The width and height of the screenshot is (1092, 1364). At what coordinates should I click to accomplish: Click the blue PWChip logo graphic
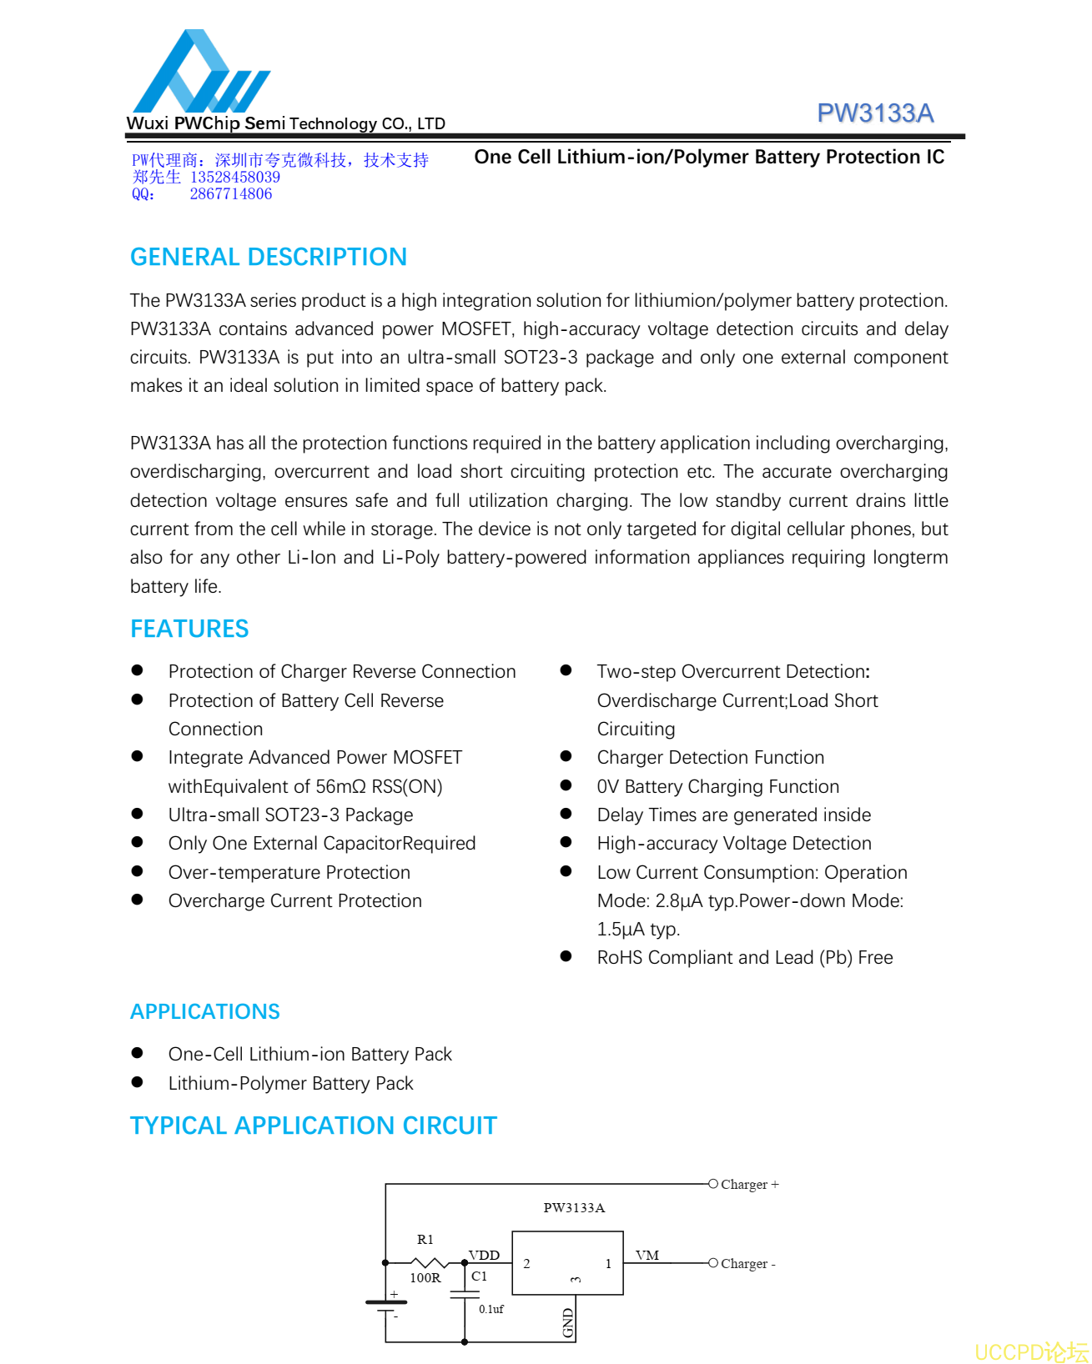(200, 73)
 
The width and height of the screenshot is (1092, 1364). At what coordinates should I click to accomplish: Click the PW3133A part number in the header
(874, 113)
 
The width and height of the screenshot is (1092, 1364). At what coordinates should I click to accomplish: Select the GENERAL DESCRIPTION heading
(269, 257)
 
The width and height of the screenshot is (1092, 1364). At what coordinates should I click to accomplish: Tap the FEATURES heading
(189, 629)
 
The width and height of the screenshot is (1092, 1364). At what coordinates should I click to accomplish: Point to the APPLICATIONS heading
(205, 1011)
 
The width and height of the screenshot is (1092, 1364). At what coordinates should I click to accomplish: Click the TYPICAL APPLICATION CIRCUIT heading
(313, 1126)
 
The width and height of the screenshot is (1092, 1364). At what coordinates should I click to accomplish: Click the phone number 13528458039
(235, 178)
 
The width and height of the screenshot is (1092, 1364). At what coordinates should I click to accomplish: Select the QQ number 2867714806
(231, 194)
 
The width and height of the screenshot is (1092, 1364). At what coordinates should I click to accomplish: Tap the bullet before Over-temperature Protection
(138, 871)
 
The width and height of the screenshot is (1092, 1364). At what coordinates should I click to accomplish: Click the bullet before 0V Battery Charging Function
(566, 785)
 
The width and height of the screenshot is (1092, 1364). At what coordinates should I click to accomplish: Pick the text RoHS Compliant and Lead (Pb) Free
(744, 957)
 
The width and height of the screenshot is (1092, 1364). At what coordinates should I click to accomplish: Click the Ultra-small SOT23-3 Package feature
(290, 815)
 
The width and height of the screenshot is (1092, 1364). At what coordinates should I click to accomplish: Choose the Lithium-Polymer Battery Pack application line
(290, 1083)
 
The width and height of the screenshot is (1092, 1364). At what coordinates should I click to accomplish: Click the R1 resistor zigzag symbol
(430, 1263)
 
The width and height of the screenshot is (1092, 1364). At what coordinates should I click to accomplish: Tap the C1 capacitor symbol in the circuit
(465, 1295)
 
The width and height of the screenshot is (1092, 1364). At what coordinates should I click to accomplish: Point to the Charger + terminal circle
(713, 1184)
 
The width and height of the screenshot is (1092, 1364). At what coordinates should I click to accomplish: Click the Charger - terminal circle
(713, 1263)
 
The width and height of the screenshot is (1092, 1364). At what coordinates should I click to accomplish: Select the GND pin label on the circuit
(568, 1322)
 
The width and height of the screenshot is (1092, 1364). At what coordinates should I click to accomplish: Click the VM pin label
(647, 1256)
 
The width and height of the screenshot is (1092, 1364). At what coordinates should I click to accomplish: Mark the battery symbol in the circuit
(386, 1304)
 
